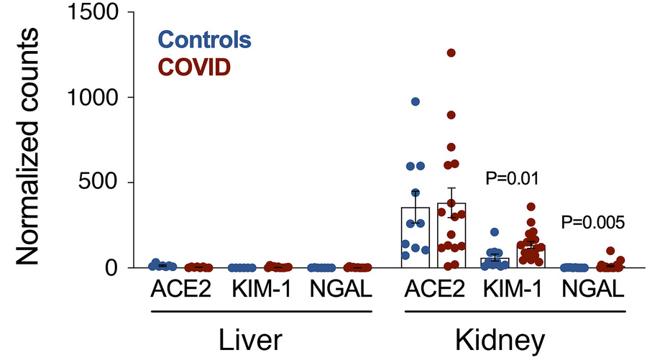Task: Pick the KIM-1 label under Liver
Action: click(260, 291)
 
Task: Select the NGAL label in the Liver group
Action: click(340, 291)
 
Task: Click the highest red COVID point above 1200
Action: click(451, 52)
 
